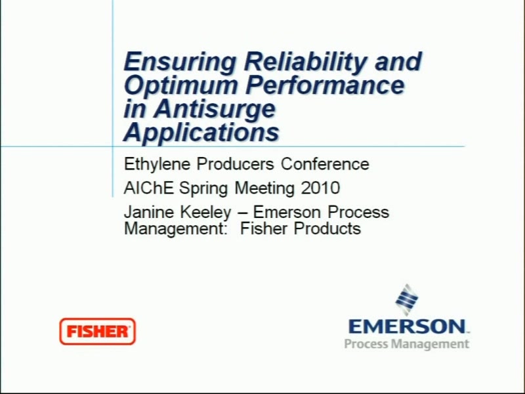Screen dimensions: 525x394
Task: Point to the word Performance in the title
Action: click(325, 85)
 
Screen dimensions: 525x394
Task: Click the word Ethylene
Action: click(157, 165)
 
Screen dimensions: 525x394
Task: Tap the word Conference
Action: click(325, 164)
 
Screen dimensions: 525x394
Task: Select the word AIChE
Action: click(149, 188)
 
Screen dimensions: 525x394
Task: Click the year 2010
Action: click(320, 188)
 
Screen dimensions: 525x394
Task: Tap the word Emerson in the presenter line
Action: click(287, 212)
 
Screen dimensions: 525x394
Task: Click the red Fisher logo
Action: click(97, 332)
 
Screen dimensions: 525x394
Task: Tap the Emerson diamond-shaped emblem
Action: click(406, 300)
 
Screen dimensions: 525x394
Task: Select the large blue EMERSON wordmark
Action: click(408, 326)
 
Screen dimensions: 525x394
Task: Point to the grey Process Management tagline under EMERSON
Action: click(407, 344)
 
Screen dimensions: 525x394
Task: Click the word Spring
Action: click(203, 188)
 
